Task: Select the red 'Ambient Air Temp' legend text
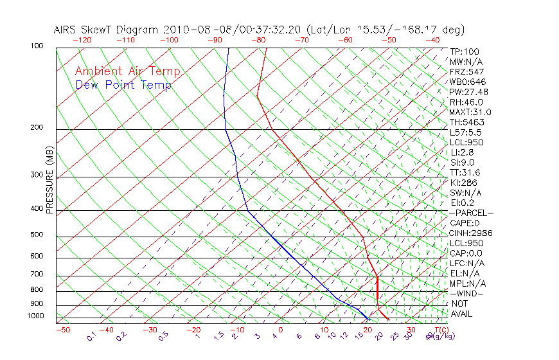click(127, 71)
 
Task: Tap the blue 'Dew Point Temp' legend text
click(123, 85)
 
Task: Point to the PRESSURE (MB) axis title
click(49, 179)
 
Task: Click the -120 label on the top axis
click(82, 40)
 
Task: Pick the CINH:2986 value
click(468, 233)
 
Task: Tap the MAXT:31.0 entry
click(470, 112)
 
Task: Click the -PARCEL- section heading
click(471, 213)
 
